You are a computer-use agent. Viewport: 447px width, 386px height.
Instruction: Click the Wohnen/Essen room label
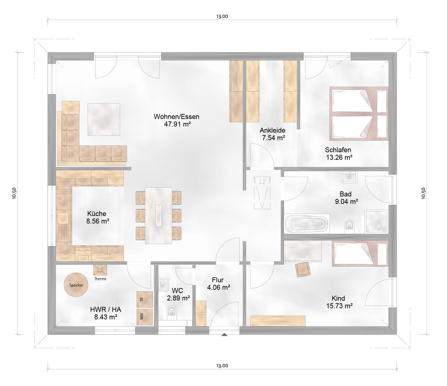(177, 117)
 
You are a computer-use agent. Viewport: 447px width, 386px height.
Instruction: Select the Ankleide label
(272, 130)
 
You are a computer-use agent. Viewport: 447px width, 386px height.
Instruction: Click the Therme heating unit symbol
(100, 270)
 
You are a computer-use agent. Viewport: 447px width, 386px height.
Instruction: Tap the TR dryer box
(145, 299)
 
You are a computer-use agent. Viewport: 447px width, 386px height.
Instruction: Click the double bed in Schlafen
(359, 113)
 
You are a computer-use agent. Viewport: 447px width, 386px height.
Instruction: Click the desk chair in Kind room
(303, 269)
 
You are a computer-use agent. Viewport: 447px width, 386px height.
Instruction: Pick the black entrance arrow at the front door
(224, 335)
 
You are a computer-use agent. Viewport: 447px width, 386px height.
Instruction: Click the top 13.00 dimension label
(222, 16)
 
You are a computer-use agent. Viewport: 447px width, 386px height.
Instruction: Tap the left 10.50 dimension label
(14, 193)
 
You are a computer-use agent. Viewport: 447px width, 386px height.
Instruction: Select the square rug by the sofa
(104, 119)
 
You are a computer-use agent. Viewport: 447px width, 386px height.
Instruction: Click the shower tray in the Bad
(376, 221)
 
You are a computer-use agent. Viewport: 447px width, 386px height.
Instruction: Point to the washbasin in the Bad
(349, 177)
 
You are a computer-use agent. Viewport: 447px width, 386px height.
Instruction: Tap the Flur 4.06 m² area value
(218, 288)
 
